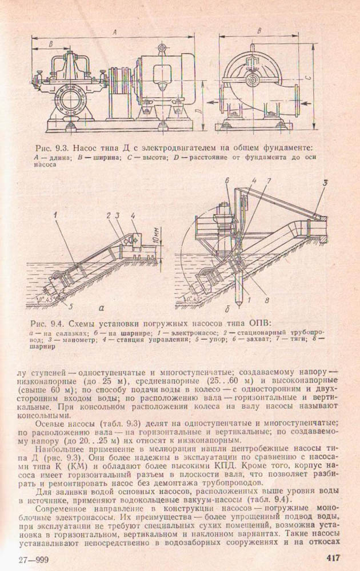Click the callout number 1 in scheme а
click(57, 215)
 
